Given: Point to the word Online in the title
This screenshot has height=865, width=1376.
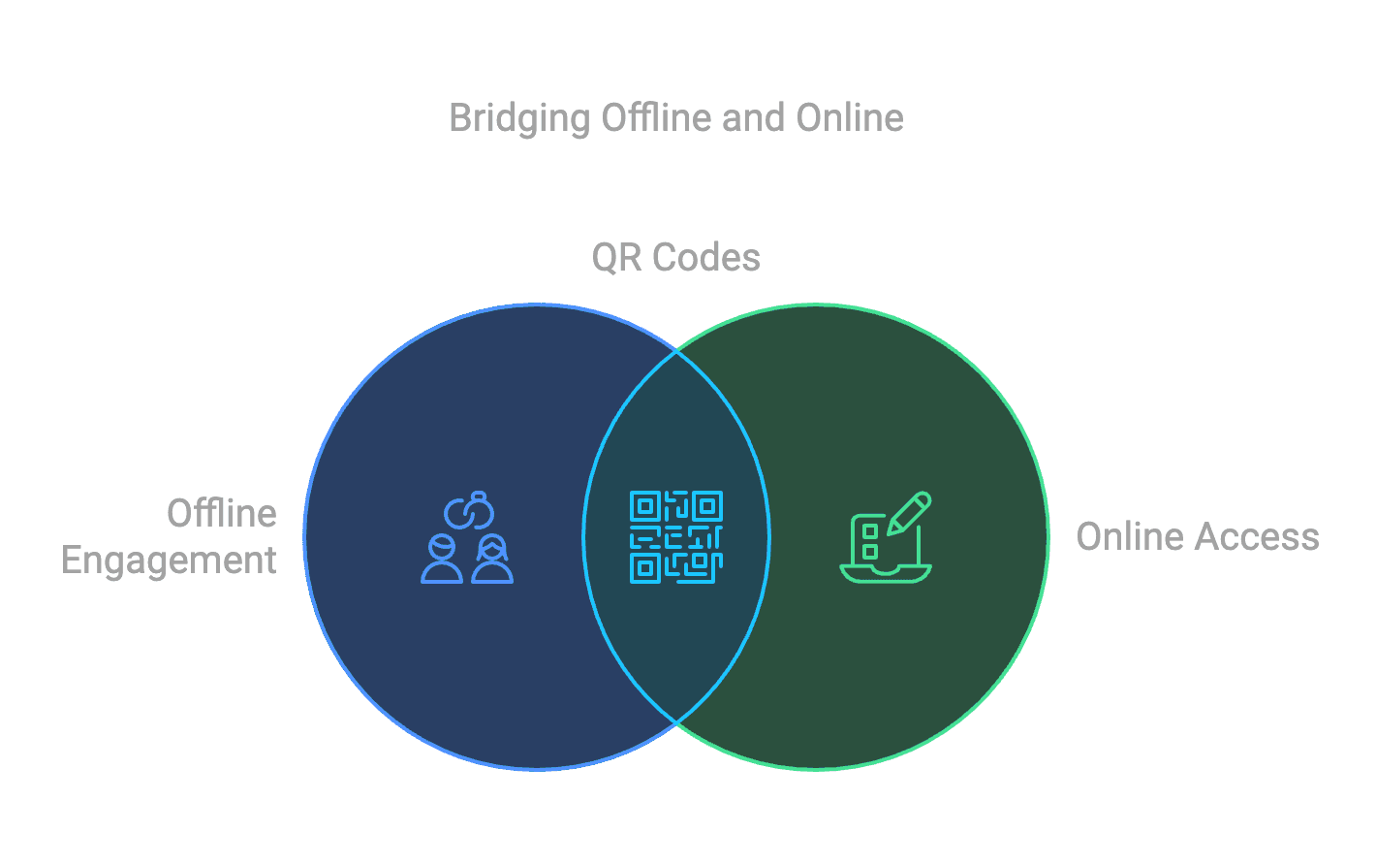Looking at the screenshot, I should coord(850,117).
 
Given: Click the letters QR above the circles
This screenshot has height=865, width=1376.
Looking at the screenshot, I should coord(616,257).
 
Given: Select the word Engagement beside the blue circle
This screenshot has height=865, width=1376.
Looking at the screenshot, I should coord(170,561).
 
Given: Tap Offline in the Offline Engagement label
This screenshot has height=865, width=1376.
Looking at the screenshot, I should coord(222,513).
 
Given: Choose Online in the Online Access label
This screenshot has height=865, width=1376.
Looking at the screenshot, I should coord(1129,536).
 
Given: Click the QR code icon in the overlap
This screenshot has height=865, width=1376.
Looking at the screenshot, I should coord(676,536).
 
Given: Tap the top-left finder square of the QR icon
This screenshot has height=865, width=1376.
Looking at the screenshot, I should coord(645,506).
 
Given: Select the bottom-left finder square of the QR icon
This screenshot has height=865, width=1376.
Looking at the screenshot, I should coord(645,567).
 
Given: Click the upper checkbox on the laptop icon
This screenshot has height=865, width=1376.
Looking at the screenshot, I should coord(870,530).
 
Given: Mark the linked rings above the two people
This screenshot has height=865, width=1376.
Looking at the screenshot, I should coord(469,511).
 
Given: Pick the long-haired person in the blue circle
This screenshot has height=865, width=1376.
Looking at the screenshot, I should coord(492,560).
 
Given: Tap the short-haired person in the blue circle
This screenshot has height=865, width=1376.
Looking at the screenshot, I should coord(442,560).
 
